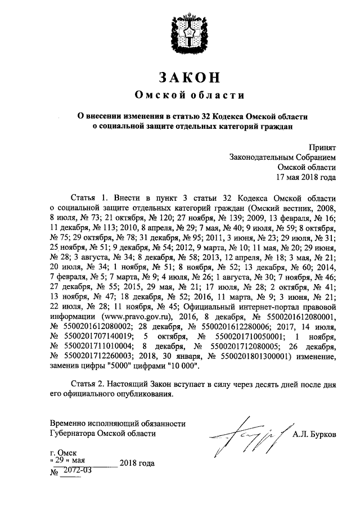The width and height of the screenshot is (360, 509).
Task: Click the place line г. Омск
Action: [x=64, y=452]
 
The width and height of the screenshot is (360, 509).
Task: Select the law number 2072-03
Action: [x=78, y=470]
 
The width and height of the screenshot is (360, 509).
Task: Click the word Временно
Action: [x=68, y=423]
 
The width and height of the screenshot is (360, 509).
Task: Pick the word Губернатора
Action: [x=74, y=434]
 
